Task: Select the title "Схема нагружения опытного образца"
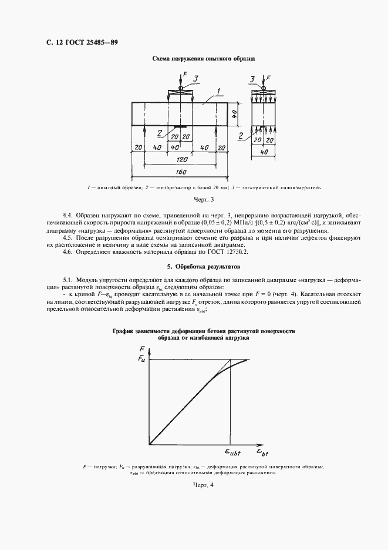tap(203, 59)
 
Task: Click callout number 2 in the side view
tap(240, 136)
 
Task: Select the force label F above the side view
tap(268, 78)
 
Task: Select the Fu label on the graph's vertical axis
tap(143, 359)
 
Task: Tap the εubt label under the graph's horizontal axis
tap(232, 452)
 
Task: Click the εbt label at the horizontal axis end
tap(262, 452)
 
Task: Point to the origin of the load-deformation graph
tap(150, 444)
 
